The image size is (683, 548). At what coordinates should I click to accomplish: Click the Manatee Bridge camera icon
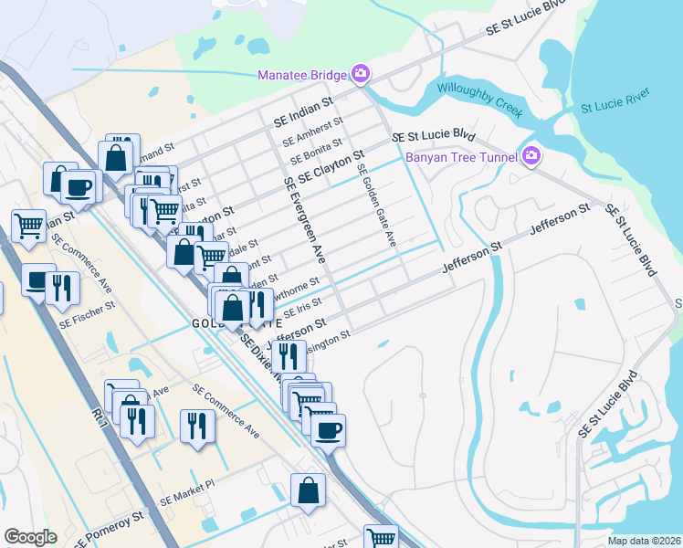(361, 73)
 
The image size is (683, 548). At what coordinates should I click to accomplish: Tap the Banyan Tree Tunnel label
(457, 156)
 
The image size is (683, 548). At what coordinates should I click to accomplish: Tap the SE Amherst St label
(312, 131)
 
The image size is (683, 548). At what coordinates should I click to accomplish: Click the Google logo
(29, 537)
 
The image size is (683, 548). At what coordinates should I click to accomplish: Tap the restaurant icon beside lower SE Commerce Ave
(197, 425)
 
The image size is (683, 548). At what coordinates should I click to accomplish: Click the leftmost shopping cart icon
(28, 224)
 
